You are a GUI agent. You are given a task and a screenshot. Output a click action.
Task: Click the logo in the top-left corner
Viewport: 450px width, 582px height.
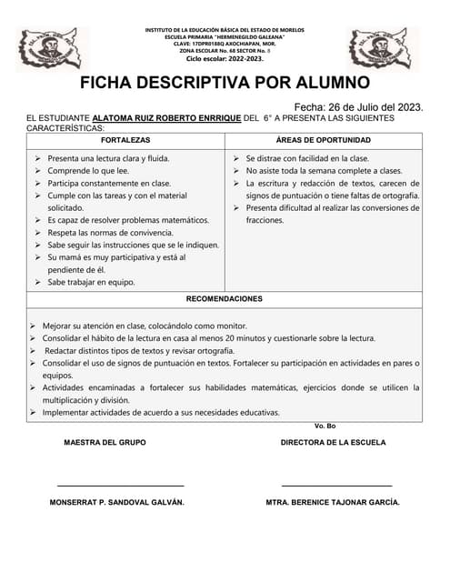pyautogui.click(x=53, y=48)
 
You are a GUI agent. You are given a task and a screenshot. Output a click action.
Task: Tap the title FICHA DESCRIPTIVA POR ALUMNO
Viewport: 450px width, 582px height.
pyautogui.click(x=225, y=84)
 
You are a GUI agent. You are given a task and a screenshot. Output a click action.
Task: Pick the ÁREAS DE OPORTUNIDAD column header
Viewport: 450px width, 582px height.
pyautogui.click(x=323, y=141)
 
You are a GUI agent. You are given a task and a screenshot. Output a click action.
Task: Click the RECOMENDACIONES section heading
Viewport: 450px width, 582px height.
pyautogui.click(x=225, y=298)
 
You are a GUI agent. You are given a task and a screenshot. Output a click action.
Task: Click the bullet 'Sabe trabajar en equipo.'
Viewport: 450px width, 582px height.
pyautogui.click(x=91, y=282)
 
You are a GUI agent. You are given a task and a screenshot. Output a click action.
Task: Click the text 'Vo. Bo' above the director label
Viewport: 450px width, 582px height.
pyautogui.click(x=325, y=426)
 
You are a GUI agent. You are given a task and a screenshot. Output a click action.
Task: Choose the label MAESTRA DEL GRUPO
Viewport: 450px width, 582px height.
pyautogui.click(x=105, y=443)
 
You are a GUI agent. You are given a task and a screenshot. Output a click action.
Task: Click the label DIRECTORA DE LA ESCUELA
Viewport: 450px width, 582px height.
pyautogui.click(x=333, y=443)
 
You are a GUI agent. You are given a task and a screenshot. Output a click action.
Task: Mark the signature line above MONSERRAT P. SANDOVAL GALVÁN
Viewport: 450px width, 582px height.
pyautogui.click(x=121, y=486)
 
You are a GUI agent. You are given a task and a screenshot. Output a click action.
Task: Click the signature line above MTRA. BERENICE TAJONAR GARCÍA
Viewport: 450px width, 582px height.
pyautogui.click(x=336, y=486)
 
